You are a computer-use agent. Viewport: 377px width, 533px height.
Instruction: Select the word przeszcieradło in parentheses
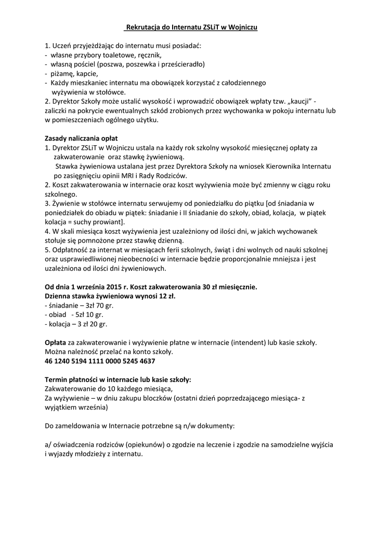(x=181, y=64)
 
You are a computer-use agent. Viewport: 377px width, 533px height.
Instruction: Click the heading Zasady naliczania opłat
(x=81, y=138)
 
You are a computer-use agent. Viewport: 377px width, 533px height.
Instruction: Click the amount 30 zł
(x=211, y=287)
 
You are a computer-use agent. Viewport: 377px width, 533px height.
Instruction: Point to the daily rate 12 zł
(x=166, y=296)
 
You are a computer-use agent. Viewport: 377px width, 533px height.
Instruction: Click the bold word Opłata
(x=56, y=342)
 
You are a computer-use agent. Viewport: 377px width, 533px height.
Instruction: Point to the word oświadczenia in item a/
(x=77, y=445)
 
